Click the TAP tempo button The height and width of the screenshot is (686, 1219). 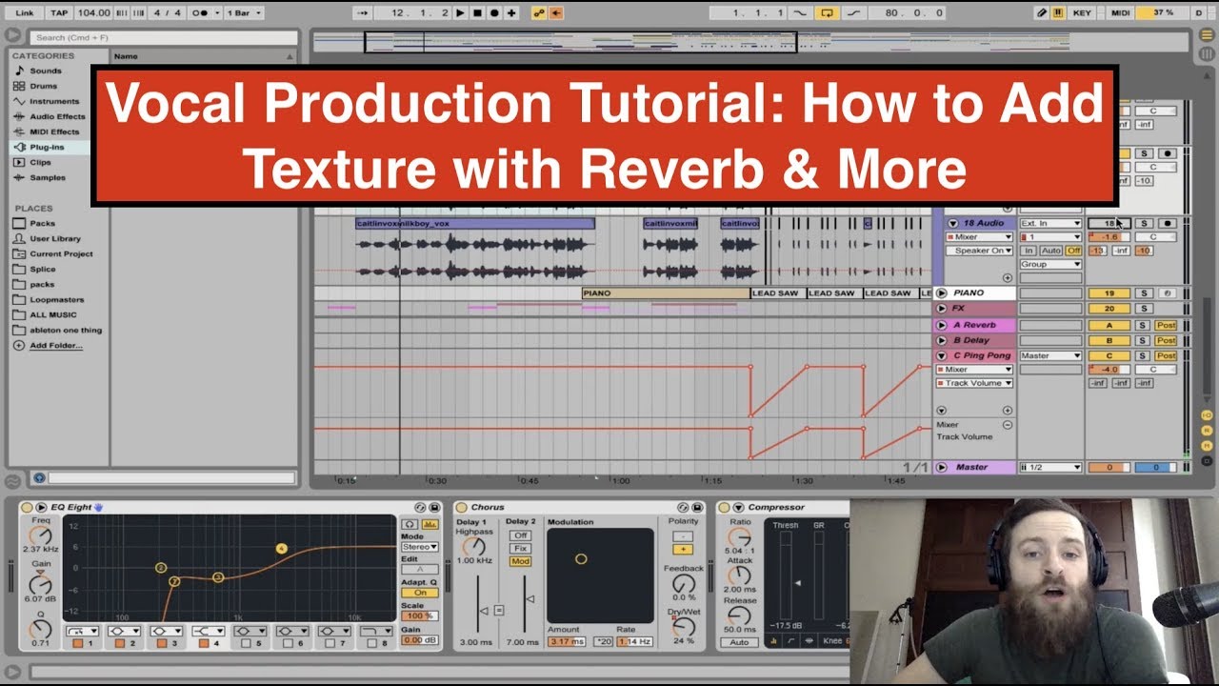point(59,12)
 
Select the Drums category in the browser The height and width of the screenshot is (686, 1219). point(43,86)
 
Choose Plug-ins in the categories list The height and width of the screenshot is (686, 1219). point(47,147)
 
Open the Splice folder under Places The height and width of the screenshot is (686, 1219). point(42,269)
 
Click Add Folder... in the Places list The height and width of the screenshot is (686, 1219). point(55,345)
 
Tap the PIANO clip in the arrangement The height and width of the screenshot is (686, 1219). point(666,293)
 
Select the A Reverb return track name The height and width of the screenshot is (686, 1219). point(974,325)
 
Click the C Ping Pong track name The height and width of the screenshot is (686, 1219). point(981,355)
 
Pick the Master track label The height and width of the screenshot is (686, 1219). point(971,467)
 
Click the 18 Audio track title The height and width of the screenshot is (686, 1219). point(982,223)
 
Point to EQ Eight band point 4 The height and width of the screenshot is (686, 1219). point(282,548)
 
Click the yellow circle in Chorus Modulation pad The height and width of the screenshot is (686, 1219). point(581,559)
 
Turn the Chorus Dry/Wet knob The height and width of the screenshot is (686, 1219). point(683,627)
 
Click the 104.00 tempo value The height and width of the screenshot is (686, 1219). point(93,12)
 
